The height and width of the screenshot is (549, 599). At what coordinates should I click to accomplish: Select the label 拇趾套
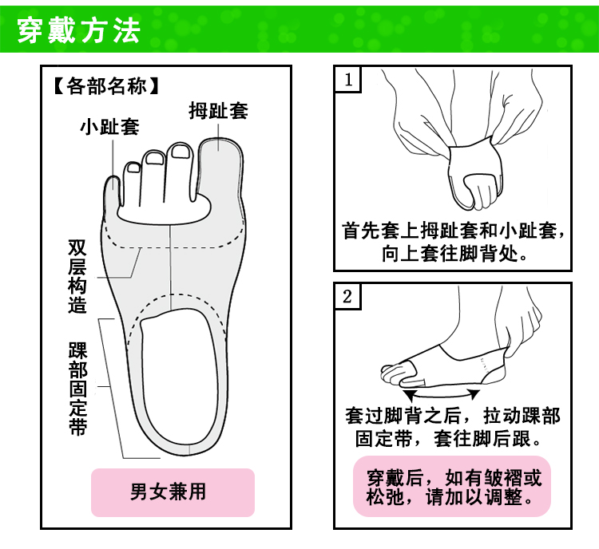[x=218, y=111]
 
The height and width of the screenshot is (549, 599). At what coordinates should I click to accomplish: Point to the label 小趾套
[x=109, y=127]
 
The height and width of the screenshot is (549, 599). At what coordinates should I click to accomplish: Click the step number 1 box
[x=347, y=80]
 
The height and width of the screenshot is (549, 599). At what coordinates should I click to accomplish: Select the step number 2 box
[x=347, y=297]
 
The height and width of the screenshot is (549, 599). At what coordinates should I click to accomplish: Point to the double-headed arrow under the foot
[x=442, y=393]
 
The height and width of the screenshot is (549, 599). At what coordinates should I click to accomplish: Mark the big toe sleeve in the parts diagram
[x=223, y=160]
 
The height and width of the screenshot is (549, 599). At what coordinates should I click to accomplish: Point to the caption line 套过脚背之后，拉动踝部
[x=452, y=416]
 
